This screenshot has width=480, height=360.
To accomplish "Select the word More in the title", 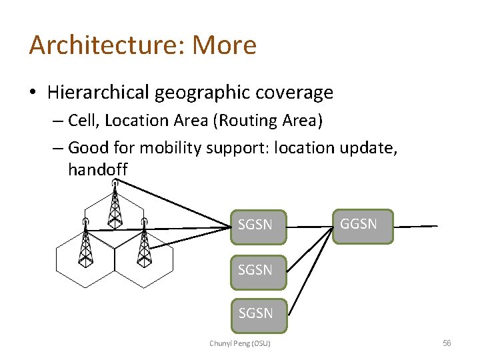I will [224, 45].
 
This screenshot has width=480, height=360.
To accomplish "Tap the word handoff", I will [97, 171].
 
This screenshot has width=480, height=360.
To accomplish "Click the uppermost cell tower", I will [115, 204].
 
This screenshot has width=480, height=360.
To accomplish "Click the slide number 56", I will [447, 343].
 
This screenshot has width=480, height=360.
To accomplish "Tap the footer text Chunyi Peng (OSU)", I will [240, 343].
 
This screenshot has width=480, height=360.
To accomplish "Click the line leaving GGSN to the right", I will [416, 227].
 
